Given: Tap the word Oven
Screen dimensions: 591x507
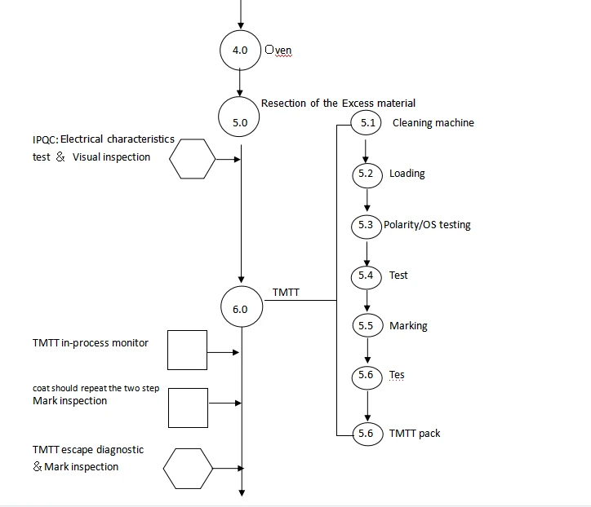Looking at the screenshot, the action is pos(278,50).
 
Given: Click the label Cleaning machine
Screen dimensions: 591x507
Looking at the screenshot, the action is pos(433,123).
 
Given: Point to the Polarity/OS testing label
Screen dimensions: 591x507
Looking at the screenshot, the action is pos(427,225).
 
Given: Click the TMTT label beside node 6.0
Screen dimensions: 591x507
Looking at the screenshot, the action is pos(286,293).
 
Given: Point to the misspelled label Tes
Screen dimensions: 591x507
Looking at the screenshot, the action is pos(397,375).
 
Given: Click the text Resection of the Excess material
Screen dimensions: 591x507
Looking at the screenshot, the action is pos(338,104).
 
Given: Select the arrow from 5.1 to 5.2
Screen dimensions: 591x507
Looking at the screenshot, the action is pos(365,152).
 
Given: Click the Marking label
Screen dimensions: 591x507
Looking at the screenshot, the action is pos(408,326).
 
